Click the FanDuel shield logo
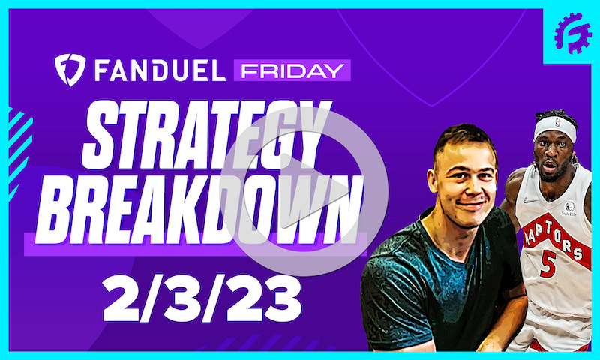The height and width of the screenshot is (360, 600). point(70,69)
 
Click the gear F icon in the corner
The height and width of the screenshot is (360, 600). point(572,34)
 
